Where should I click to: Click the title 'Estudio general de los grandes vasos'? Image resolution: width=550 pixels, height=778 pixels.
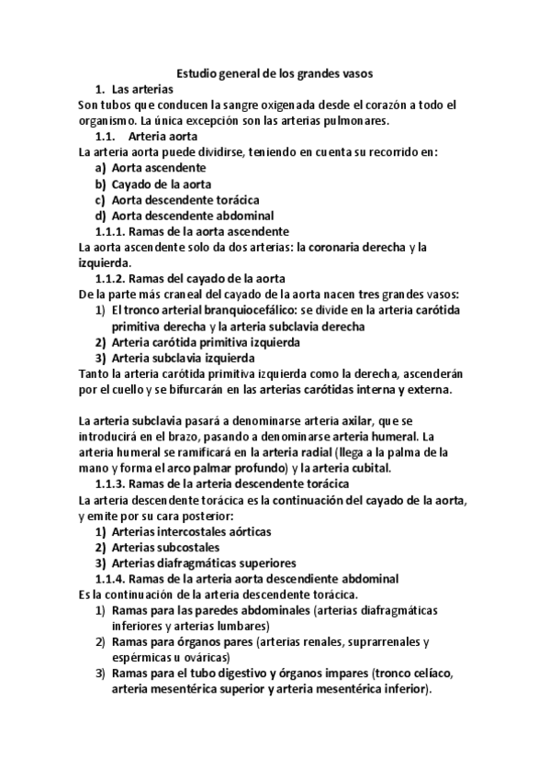click(x=275, y=73)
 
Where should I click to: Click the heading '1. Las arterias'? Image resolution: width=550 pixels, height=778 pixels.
click(x=135, y=90)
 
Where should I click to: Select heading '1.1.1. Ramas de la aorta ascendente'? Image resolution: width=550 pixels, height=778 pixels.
click(x=193, y=231)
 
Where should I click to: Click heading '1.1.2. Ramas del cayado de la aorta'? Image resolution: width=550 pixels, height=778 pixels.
click(x=190, y=278)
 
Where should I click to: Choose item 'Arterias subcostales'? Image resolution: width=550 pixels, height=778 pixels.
click(x=159, y=547)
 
